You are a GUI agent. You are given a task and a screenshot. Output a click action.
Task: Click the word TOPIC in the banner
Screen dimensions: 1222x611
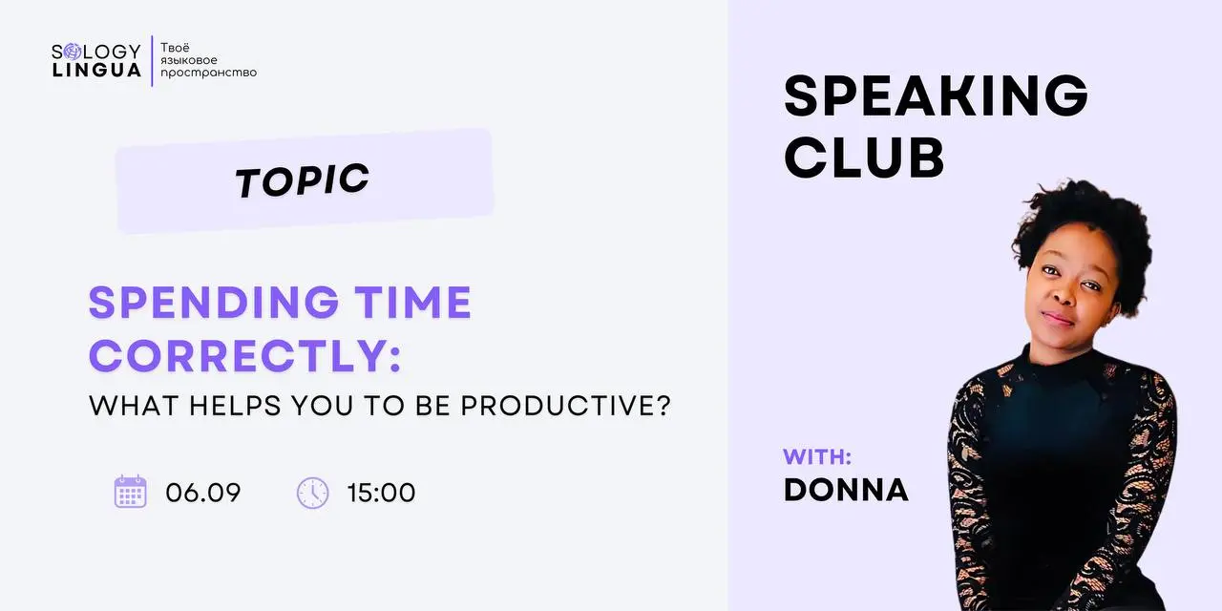(303, 180)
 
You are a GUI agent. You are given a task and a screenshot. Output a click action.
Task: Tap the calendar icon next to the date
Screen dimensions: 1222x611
(131, 492)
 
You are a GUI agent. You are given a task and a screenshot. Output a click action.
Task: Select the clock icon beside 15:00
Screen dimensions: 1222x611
(312, 493)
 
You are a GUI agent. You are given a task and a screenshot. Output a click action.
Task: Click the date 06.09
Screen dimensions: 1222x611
(203, 493)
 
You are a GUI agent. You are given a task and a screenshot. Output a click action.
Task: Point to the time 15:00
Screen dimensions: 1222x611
(381, 493)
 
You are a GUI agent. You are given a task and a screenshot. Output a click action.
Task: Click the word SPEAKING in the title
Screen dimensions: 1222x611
(937, 95)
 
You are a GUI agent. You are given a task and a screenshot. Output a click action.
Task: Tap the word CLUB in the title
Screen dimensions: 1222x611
(864, 158)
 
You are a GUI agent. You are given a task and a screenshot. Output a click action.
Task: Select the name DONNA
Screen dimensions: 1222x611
(846, 490)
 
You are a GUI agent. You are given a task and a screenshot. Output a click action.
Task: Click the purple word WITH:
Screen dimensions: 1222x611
(817, 456)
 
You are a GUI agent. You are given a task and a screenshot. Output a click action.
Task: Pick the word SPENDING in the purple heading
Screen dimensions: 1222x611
(214, 303)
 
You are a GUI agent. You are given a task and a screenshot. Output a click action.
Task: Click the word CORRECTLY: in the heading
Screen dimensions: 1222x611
(245, 356)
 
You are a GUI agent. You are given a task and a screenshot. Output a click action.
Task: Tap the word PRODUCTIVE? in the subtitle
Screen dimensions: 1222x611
(566, 406)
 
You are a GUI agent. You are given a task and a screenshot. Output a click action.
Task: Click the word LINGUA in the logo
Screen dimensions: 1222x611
(96, 71)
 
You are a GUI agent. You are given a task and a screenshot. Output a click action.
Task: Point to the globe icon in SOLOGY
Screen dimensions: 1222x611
(72, 52)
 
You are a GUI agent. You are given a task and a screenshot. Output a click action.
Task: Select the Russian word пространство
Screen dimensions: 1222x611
(208, 73)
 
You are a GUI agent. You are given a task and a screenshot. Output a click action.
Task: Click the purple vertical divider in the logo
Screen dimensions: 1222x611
(152, 61)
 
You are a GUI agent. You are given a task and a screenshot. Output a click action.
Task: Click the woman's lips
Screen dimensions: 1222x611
(1057, 318)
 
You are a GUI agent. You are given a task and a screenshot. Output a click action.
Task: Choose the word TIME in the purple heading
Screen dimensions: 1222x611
(413, 303)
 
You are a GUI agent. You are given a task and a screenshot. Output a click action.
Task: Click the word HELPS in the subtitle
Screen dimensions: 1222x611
(235, 406)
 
